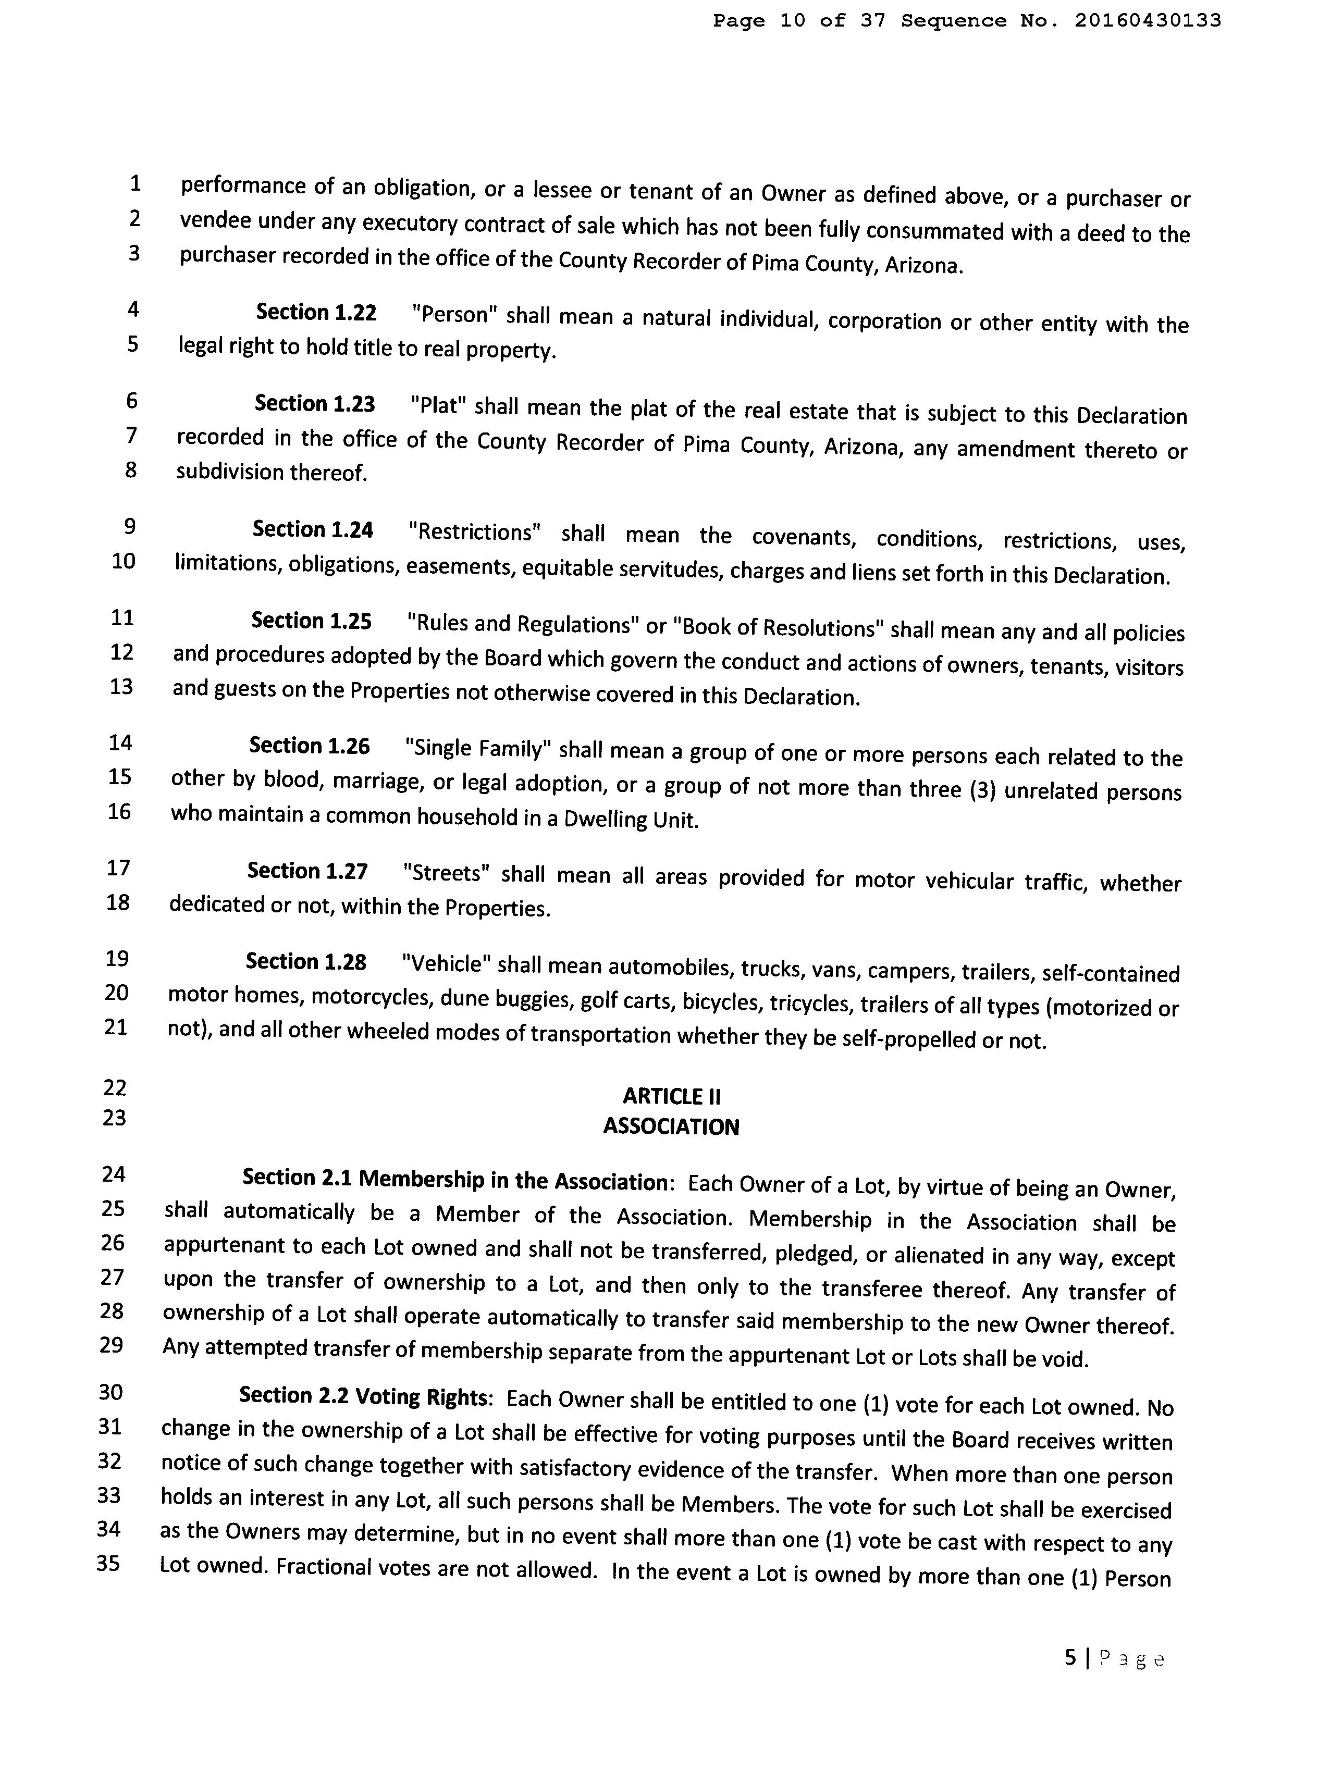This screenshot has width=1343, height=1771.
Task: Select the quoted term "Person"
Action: tap(454, 315)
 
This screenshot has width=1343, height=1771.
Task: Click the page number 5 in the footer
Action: tap(1071, 1658)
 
